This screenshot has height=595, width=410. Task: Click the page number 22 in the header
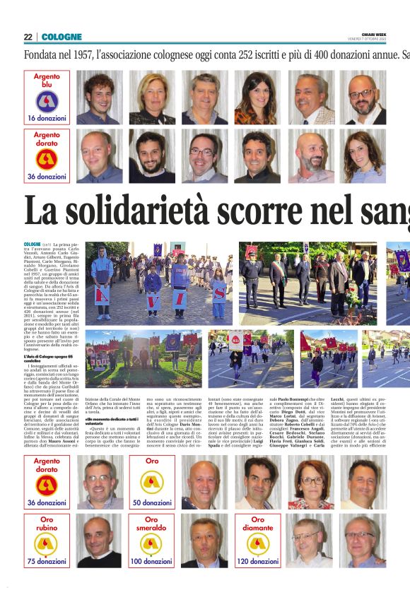pos(28,37)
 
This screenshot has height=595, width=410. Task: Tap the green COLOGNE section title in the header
pos(61,37)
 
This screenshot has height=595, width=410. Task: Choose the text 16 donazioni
pos(47,117)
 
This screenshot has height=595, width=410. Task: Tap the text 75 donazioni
pos(47,562)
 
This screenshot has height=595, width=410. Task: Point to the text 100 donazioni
pos(152,562)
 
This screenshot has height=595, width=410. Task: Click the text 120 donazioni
pos(258,562)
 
